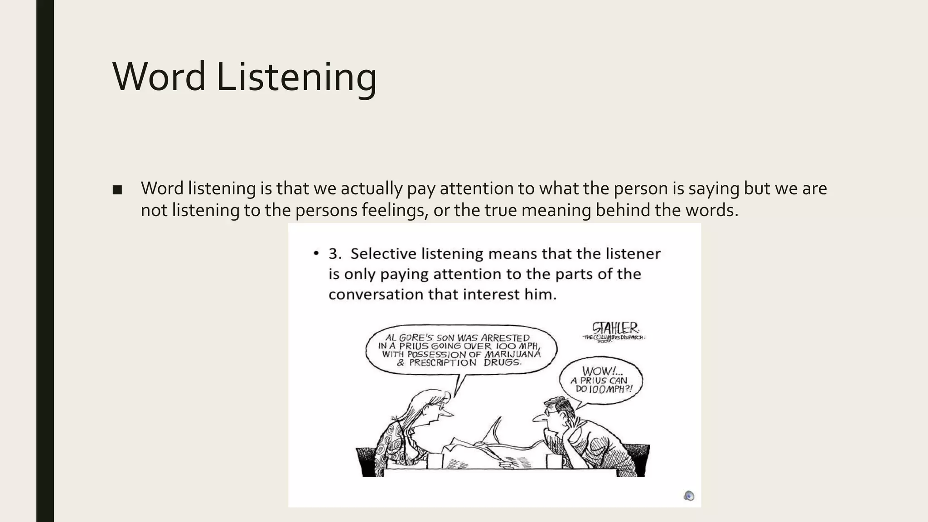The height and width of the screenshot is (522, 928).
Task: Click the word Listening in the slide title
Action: point(296,77)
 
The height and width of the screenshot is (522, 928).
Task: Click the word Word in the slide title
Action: point(159,77)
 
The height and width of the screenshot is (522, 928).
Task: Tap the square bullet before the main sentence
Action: point(117,190)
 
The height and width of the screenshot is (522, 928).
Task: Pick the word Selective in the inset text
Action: point(383,254)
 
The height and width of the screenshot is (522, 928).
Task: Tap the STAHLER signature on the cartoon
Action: point(615,328)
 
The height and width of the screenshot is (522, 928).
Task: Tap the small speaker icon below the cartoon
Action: point(689,496)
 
